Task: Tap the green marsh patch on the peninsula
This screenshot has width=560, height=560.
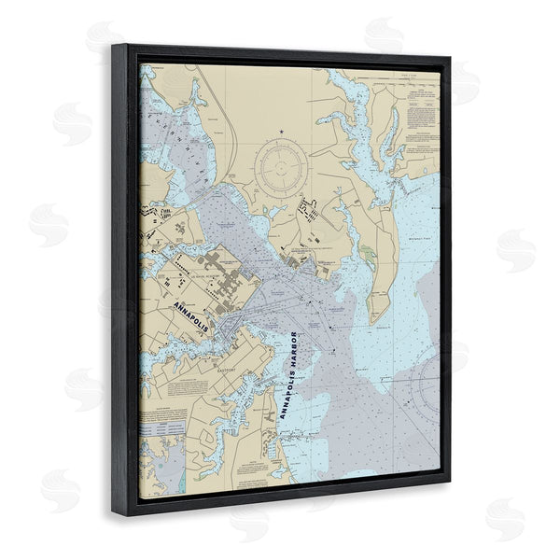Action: pyautogui.click(x=371, y=253)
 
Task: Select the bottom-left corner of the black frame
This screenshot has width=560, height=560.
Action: pyautogui.click(x=115, y=515)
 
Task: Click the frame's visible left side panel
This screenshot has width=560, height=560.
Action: pyautogui.click(x=125, y=280)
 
